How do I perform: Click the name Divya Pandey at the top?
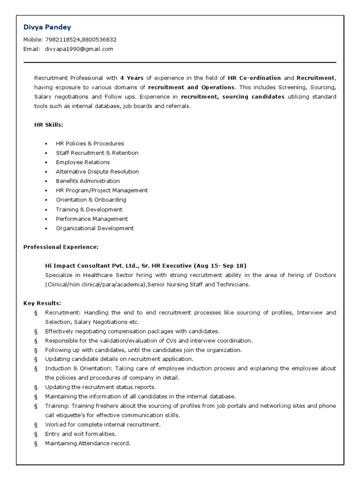47,27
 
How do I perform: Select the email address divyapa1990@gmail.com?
79,49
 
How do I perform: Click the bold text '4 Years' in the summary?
132,78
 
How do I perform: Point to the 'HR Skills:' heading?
49,125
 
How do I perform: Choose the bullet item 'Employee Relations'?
82,162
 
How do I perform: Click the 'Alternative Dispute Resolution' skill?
97,172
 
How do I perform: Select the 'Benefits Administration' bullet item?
88,181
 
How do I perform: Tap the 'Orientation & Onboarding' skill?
91,200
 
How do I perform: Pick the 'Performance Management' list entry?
92,219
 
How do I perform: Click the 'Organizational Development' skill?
95,228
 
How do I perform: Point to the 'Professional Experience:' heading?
61,247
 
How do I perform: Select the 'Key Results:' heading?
42,303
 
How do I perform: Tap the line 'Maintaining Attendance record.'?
88,443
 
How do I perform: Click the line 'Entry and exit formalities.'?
81,434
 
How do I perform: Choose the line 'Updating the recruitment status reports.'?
100,387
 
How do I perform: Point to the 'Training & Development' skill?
89,210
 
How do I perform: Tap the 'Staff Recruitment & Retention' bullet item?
97,153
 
